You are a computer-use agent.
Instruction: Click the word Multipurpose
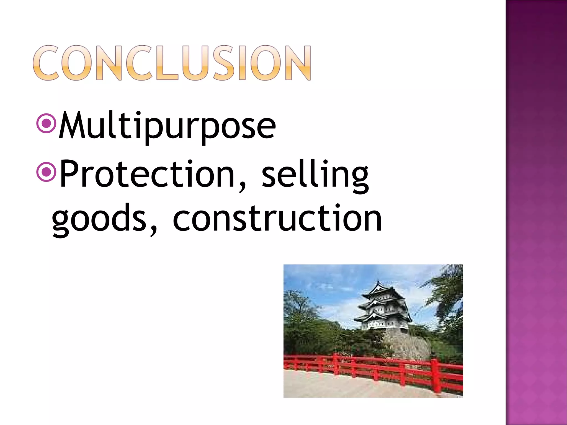(167, 126)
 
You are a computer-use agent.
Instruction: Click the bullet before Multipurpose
(47, 123)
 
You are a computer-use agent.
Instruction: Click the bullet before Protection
(47, 172)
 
